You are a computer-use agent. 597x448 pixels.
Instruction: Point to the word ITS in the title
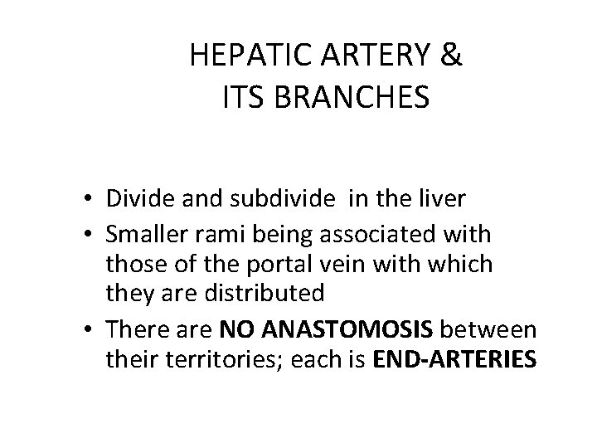click(241, 98)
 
